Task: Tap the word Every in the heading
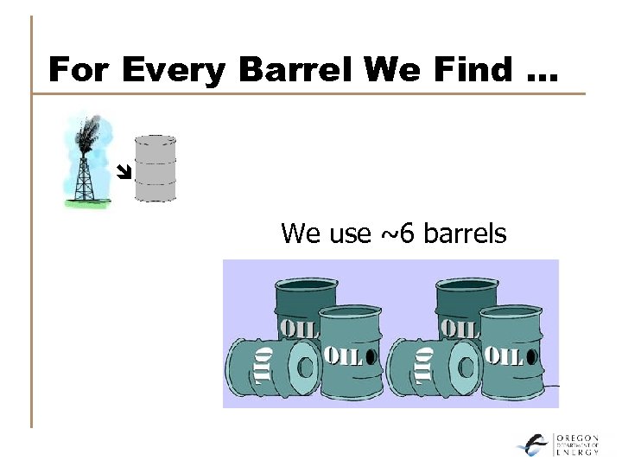tap(172, 69)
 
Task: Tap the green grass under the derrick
tap(86, 203)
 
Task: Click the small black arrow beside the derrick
tap(124, 172)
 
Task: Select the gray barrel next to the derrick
tap(155, 168)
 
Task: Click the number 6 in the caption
tap(401, 233)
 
